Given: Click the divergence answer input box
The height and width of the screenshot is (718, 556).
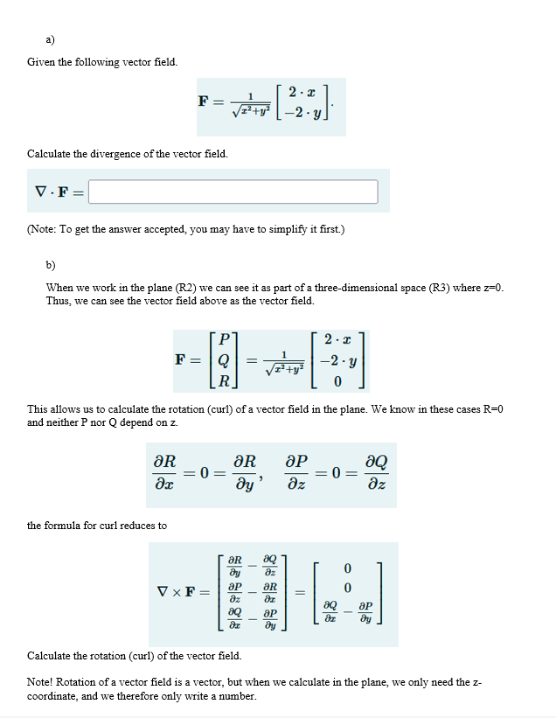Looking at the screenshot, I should (233, 192).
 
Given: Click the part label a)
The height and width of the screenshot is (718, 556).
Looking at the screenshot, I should (52, 38).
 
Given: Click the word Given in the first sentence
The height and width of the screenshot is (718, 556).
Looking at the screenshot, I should (43, 62).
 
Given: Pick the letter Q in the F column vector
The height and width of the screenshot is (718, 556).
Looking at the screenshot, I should (226, 360).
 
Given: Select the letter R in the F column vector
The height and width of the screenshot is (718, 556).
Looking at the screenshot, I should (226, 381).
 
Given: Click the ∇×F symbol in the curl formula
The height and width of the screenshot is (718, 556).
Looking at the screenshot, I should (181, 592).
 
